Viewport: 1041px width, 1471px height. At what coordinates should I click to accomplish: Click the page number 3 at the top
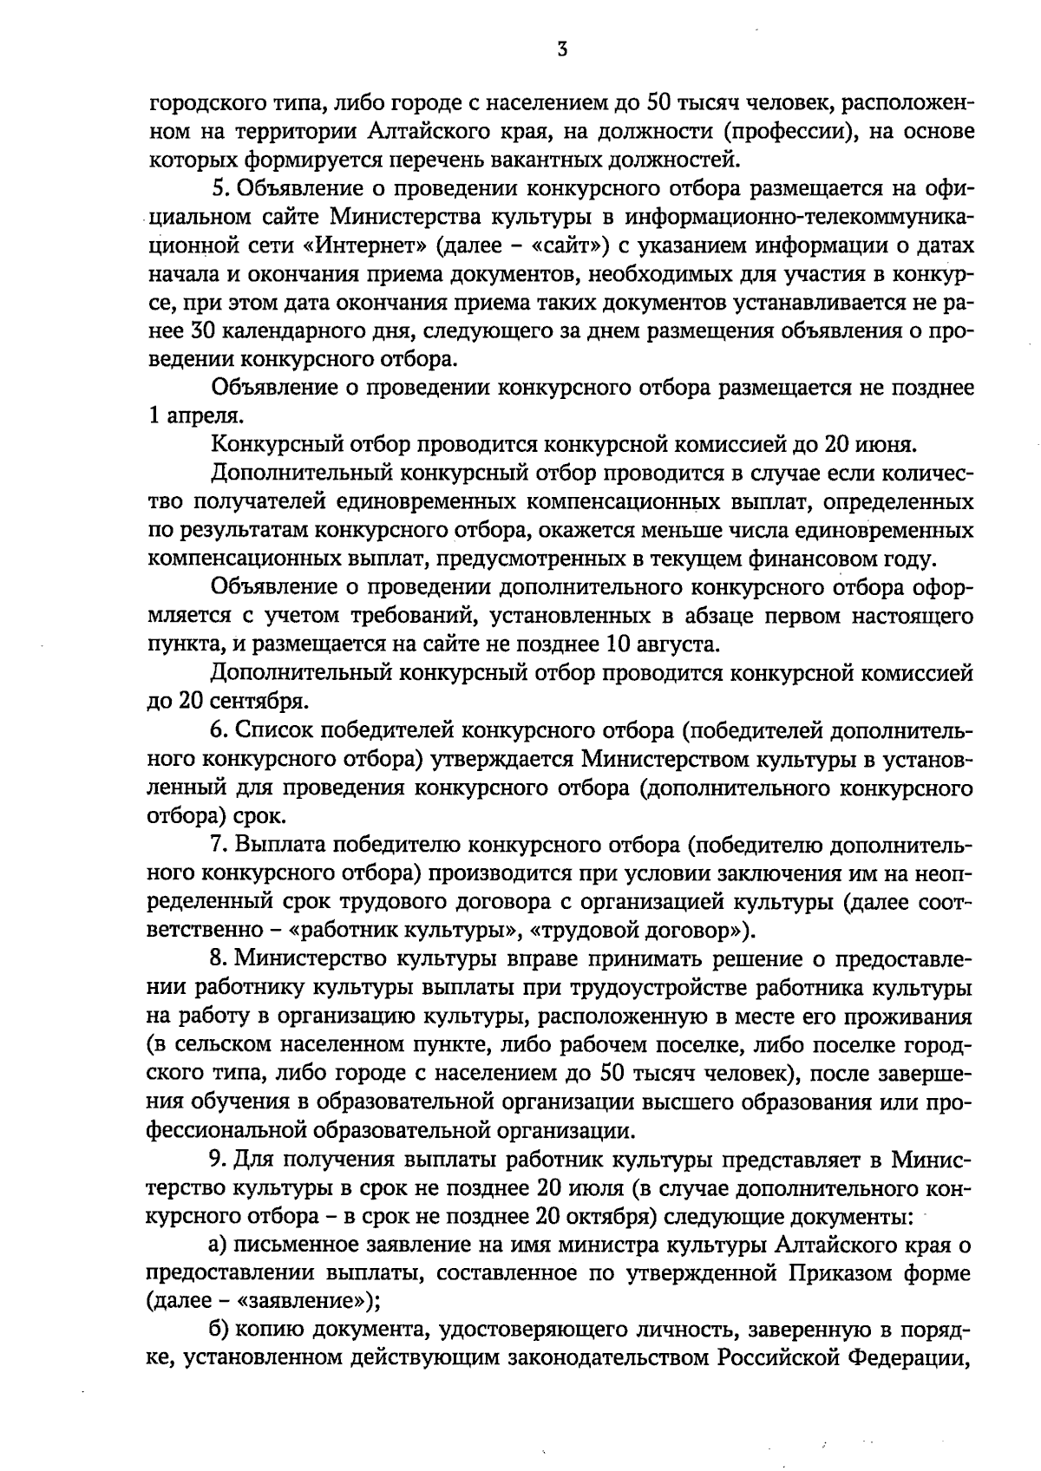pyautogui.click(x=562, y=49)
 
